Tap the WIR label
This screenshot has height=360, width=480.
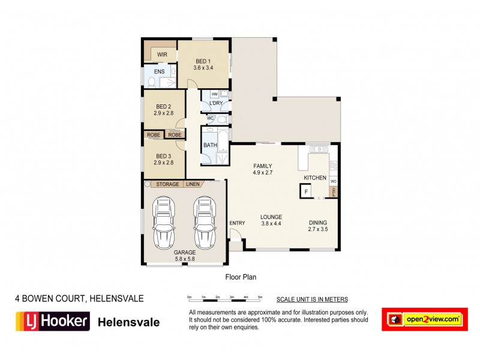point(162,55)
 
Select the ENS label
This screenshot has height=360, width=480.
point(159,72)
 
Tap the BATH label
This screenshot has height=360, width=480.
point(210,145)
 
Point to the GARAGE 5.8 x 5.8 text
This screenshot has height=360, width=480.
point(185,256)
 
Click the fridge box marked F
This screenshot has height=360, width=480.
point(306,191)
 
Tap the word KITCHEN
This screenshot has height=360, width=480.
point(315,178)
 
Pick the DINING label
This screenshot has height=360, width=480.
point(318,220)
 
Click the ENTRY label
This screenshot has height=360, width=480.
point(237,223)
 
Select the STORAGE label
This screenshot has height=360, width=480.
point(167,184)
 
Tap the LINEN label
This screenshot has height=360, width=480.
point(192,184)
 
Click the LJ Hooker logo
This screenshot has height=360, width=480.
point(52,322)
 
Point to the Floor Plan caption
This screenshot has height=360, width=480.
point(241,277)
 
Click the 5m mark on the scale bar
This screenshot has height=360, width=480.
point(260,298)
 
